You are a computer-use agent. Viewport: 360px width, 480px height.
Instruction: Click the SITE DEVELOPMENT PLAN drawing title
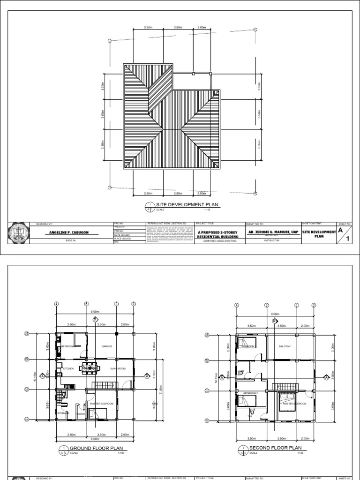(184, 205)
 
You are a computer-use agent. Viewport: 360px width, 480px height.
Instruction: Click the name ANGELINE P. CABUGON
(69, 233)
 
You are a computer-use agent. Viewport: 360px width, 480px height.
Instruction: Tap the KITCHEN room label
(68, 369)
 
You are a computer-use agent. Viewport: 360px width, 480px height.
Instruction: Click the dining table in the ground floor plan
(89, 368)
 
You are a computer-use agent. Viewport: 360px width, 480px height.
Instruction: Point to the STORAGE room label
(63, 413)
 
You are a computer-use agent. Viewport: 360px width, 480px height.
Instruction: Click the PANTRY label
(80, 414)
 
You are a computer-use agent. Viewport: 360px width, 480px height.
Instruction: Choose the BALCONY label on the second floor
(285, 346)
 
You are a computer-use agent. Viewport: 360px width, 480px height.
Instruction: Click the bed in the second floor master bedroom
(286, 402)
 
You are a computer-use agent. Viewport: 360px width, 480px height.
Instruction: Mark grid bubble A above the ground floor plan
(56, 304)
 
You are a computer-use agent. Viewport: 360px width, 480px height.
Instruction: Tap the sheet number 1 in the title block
(348, 238)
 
